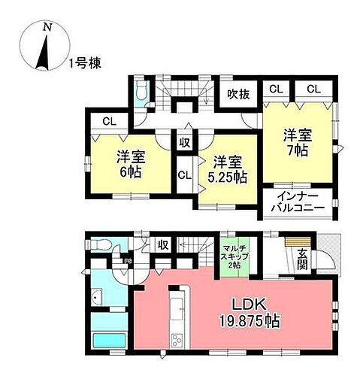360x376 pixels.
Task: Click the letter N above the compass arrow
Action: click(x=47, y=25)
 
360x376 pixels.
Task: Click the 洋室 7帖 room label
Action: click(x=295, y=143)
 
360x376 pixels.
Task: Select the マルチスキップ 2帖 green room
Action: click(x=234, y=254)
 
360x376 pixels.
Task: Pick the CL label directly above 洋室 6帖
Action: click(x=109, y=121)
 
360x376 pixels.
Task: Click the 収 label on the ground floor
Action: click(x=162, y=245)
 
